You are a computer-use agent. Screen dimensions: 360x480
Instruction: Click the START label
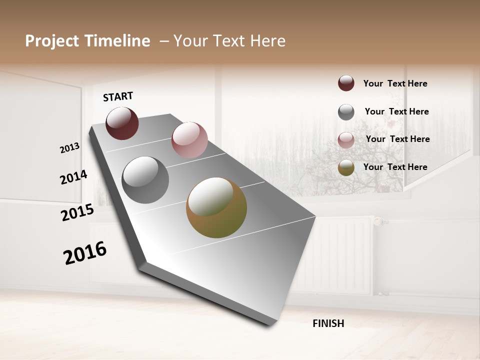[x=118, y=96]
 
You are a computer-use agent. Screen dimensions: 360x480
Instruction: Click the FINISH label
[x=328, y=323]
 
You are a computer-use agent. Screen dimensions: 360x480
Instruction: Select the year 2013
[x=69, y=148]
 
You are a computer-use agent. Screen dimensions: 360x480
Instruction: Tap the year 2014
[x=73, y=177]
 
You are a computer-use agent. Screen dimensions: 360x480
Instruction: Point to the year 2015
[x=77, y=212]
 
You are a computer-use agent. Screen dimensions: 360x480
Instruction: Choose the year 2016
[x=85, y=252]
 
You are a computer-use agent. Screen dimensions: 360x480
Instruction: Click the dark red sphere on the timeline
[x=122, y=123]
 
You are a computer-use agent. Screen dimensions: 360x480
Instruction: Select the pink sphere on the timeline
[x=189, y=140]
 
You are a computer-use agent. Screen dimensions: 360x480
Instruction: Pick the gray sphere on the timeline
[x=145, y=180]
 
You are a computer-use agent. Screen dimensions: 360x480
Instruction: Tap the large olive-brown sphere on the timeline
[x=216, y=207]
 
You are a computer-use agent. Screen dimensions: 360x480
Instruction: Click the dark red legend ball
[x=346, y=83]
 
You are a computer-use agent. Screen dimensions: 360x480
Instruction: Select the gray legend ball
[x=346, y=112]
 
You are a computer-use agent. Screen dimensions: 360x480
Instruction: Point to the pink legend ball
[x=346, y=140]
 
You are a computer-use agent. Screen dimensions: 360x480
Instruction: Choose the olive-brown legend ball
[x=346, y=168]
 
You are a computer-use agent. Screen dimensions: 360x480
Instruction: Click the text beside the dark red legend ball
[x=395, y=84]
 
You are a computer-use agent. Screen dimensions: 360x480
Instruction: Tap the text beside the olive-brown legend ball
[x=395, y=167]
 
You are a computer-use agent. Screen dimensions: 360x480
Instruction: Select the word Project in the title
[x=52, y=41]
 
